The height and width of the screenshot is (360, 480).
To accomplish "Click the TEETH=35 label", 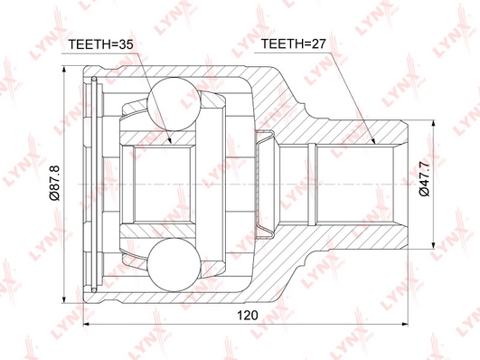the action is click(100, 44).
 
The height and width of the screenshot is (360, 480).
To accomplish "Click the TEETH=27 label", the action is click(293, 44).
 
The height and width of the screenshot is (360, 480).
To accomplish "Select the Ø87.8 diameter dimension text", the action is click(55, 183).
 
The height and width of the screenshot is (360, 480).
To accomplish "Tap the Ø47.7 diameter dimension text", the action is click(425, 179).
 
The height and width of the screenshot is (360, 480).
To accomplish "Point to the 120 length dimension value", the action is click(248, 315).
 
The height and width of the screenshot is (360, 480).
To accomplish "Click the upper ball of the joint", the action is click(174, 104).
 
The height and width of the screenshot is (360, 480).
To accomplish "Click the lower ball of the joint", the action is click(174, 264).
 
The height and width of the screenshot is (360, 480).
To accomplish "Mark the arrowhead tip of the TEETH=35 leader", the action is click(172, 144).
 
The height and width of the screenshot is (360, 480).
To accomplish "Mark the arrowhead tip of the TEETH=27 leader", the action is click(374, 144).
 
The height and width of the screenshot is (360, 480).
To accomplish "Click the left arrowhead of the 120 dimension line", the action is click(83, 324).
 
